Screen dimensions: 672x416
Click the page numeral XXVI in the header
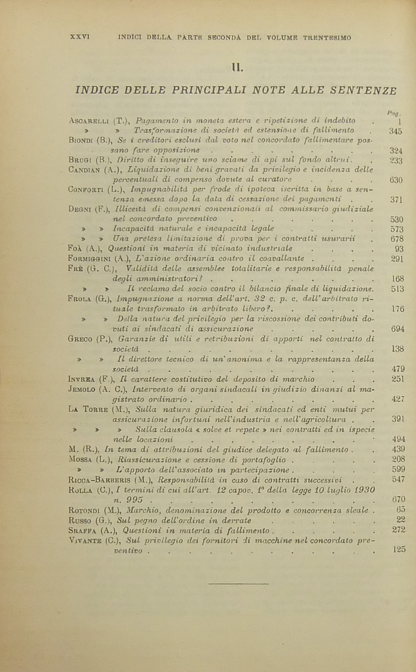coord(80,37)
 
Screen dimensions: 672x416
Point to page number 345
coord(396,131)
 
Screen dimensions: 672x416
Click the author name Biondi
coord(81,140)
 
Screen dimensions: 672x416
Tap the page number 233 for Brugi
coord(396,161)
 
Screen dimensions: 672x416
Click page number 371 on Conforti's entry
coord(396,200)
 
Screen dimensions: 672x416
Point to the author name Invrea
coord(81,380)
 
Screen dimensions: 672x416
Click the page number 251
coord(398,379)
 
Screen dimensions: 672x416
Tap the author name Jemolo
coord(82,390)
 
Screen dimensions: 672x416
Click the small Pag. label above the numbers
coord(394,113)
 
